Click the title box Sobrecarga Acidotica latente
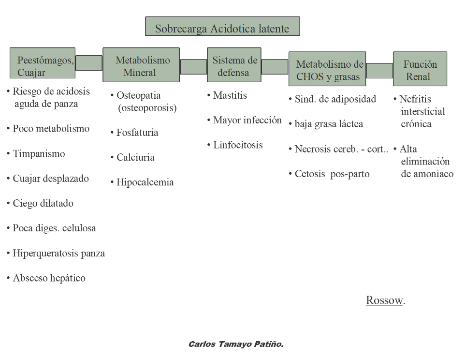222,27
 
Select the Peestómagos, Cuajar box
43,63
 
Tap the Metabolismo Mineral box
141,65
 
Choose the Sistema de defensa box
234,65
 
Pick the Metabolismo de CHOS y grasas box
327,69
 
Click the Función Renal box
420,69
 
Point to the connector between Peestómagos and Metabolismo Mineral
89,63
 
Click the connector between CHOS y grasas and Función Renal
379,71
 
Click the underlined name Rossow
384,300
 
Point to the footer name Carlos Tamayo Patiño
236,345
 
